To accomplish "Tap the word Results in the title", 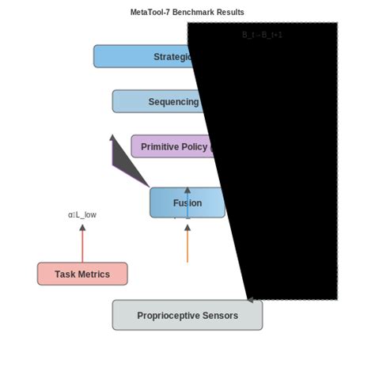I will point(230,13).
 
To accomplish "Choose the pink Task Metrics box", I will point(82,274).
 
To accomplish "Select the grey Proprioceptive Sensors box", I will point(187,315).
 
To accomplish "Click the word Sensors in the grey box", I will point(220,315).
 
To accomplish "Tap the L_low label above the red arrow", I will point(82,214).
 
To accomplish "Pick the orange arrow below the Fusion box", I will point(187,245).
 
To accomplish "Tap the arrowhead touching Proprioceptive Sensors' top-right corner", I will point(250,300).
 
